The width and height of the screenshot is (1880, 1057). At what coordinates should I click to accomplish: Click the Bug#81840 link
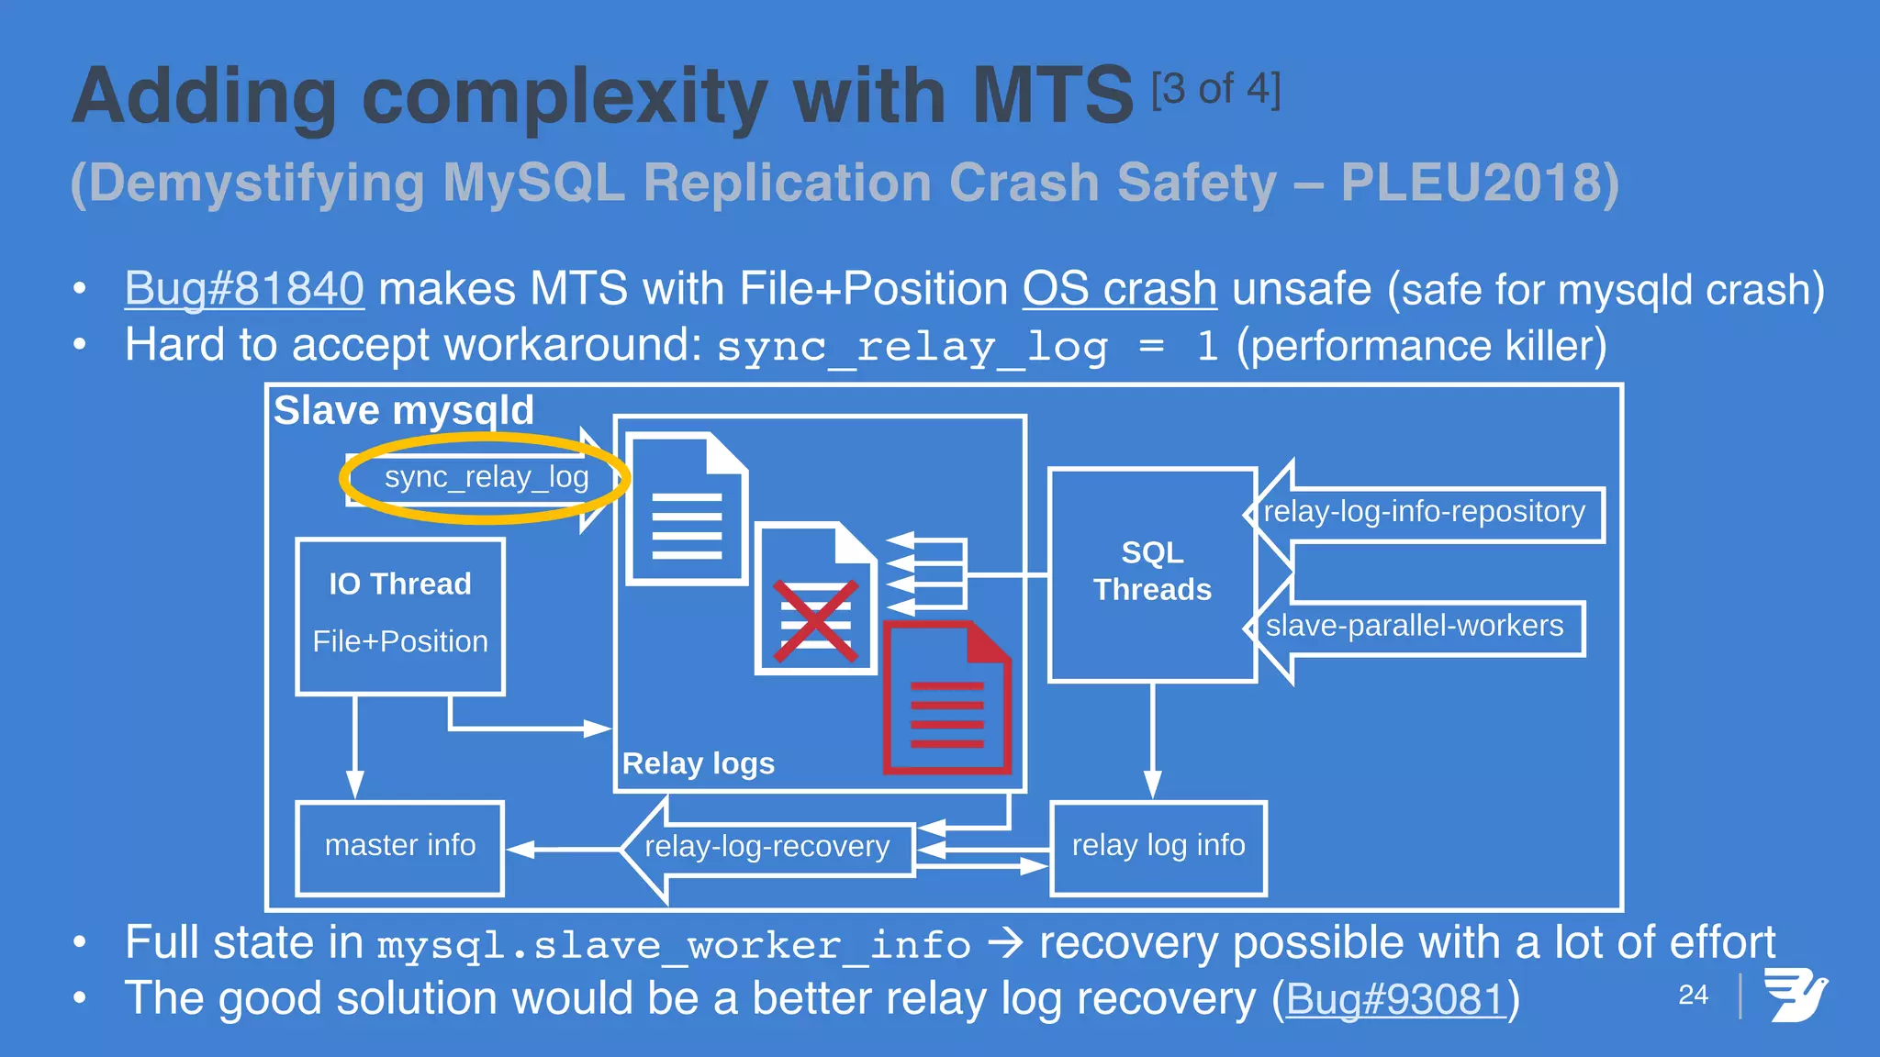coord(244,289)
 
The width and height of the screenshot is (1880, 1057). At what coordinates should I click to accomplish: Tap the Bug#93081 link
coord(1395,999)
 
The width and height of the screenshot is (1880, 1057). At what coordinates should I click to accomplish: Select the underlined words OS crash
coord(1120,289)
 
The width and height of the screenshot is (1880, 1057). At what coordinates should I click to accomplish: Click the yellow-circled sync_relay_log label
coord(486,478)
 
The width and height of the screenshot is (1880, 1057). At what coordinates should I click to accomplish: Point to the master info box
coord(400,846)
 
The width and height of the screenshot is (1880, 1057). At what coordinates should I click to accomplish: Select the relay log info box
coord(1158,846)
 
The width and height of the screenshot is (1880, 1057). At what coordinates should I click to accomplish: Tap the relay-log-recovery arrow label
coord(767,847)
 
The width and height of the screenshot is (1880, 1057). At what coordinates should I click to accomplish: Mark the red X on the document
coord(815,621)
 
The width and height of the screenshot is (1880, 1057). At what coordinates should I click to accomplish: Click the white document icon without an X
coord(686,510)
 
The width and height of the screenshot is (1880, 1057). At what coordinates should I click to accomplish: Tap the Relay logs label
coord(698,764)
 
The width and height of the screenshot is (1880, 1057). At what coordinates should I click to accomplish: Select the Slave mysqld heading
coord(404,410)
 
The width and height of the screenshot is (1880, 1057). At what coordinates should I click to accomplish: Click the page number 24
coord(1693,996)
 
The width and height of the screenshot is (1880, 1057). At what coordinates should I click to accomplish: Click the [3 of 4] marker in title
coord(1215,90)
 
